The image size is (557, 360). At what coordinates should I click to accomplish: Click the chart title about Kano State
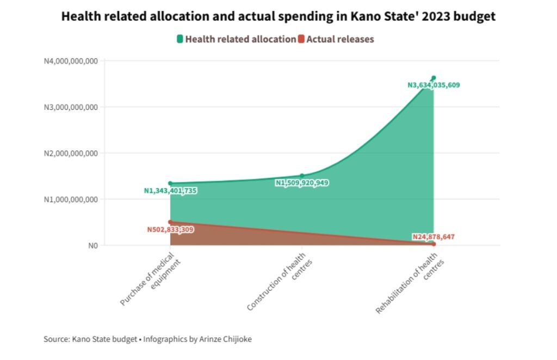point(278,17)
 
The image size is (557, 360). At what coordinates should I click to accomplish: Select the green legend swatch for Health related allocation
point(180,39)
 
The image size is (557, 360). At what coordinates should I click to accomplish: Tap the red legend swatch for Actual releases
point(301,39)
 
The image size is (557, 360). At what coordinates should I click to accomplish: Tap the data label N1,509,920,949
point(302,183)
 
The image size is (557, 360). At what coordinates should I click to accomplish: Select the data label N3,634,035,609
point(434,85)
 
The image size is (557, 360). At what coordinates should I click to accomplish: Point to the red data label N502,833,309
point(170,229)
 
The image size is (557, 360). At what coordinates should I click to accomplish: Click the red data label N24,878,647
point(434,237)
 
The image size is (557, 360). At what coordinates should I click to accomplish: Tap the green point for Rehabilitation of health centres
point(434,78)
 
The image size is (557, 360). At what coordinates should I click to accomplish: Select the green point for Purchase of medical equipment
point(170,183)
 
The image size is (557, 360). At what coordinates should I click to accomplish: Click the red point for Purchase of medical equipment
point(170,222)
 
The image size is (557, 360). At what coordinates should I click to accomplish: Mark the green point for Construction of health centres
point(302,176)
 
